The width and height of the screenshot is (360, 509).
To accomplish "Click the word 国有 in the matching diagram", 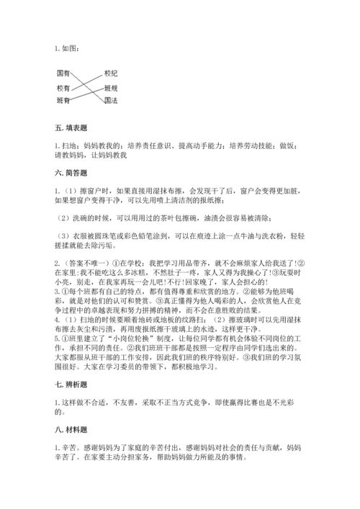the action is (x=63, y=74).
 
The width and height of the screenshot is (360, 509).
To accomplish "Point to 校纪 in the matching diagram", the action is (x=110, y=74).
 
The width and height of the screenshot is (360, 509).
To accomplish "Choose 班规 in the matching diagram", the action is (x=110, y=87).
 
